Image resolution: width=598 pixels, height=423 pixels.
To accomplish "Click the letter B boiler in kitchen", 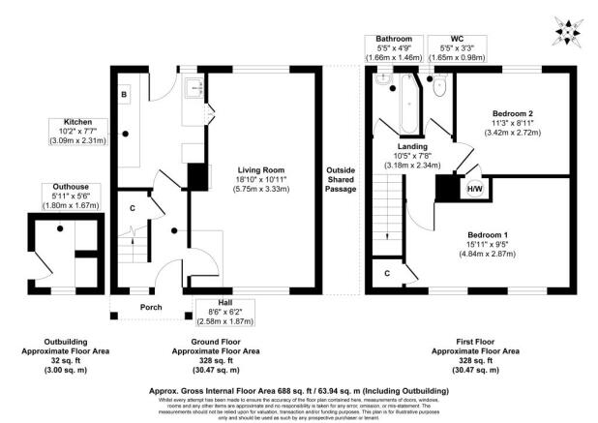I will pyautogui.click(x=124, y=94).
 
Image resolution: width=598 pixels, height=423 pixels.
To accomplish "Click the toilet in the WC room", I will pyautogui.click(x=440, y=89).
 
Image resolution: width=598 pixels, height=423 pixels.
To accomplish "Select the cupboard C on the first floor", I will pyautogui.click(x=388, y=274).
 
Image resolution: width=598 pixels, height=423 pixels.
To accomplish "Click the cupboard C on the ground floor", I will pyautogui.click(x=132, y=208).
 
